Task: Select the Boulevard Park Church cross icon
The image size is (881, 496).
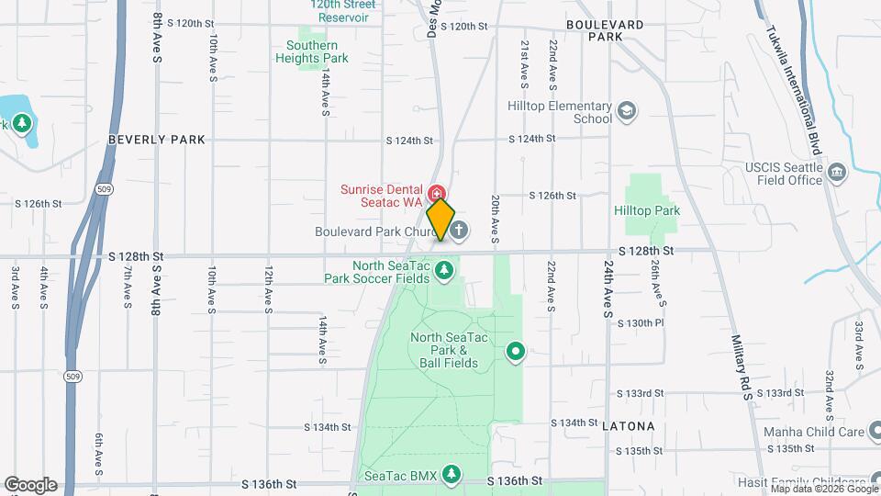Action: (458, 230)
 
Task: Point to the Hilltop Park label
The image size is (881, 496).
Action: (647, 210)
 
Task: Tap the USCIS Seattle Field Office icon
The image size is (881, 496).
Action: (836, 173)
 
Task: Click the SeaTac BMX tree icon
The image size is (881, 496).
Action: (451, 474)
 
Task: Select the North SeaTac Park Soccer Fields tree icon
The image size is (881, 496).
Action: (445, 270)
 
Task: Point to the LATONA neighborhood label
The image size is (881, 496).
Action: (629, 426)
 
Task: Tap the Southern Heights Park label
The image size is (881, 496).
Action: (312, 51)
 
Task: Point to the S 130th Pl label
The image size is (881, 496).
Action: (641, 323)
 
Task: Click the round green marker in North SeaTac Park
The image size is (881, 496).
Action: (516, 350)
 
